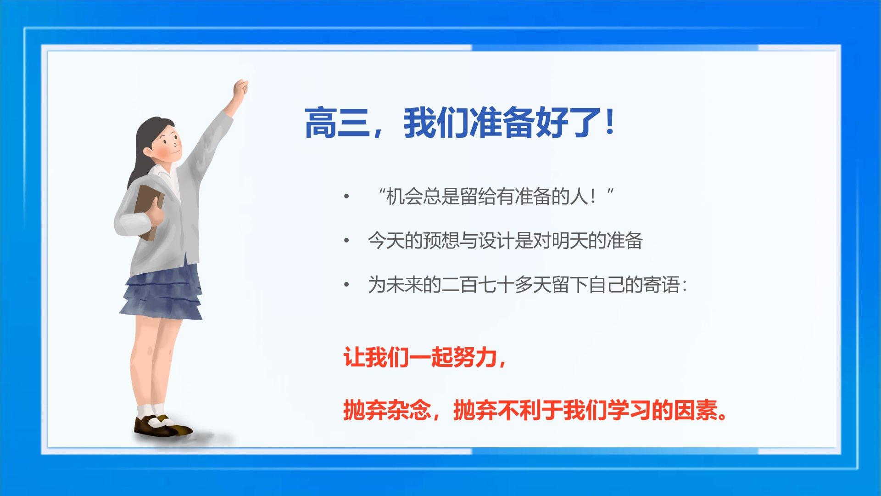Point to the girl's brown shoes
[163, 426]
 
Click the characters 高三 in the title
[338, 123]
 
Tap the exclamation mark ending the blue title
[610, 122]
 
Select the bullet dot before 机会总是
[346, 197]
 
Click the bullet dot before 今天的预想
[346, 241]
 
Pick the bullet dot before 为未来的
[346, 285]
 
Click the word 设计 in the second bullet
[496, 241]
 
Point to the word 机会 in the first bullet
[404, 197]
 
